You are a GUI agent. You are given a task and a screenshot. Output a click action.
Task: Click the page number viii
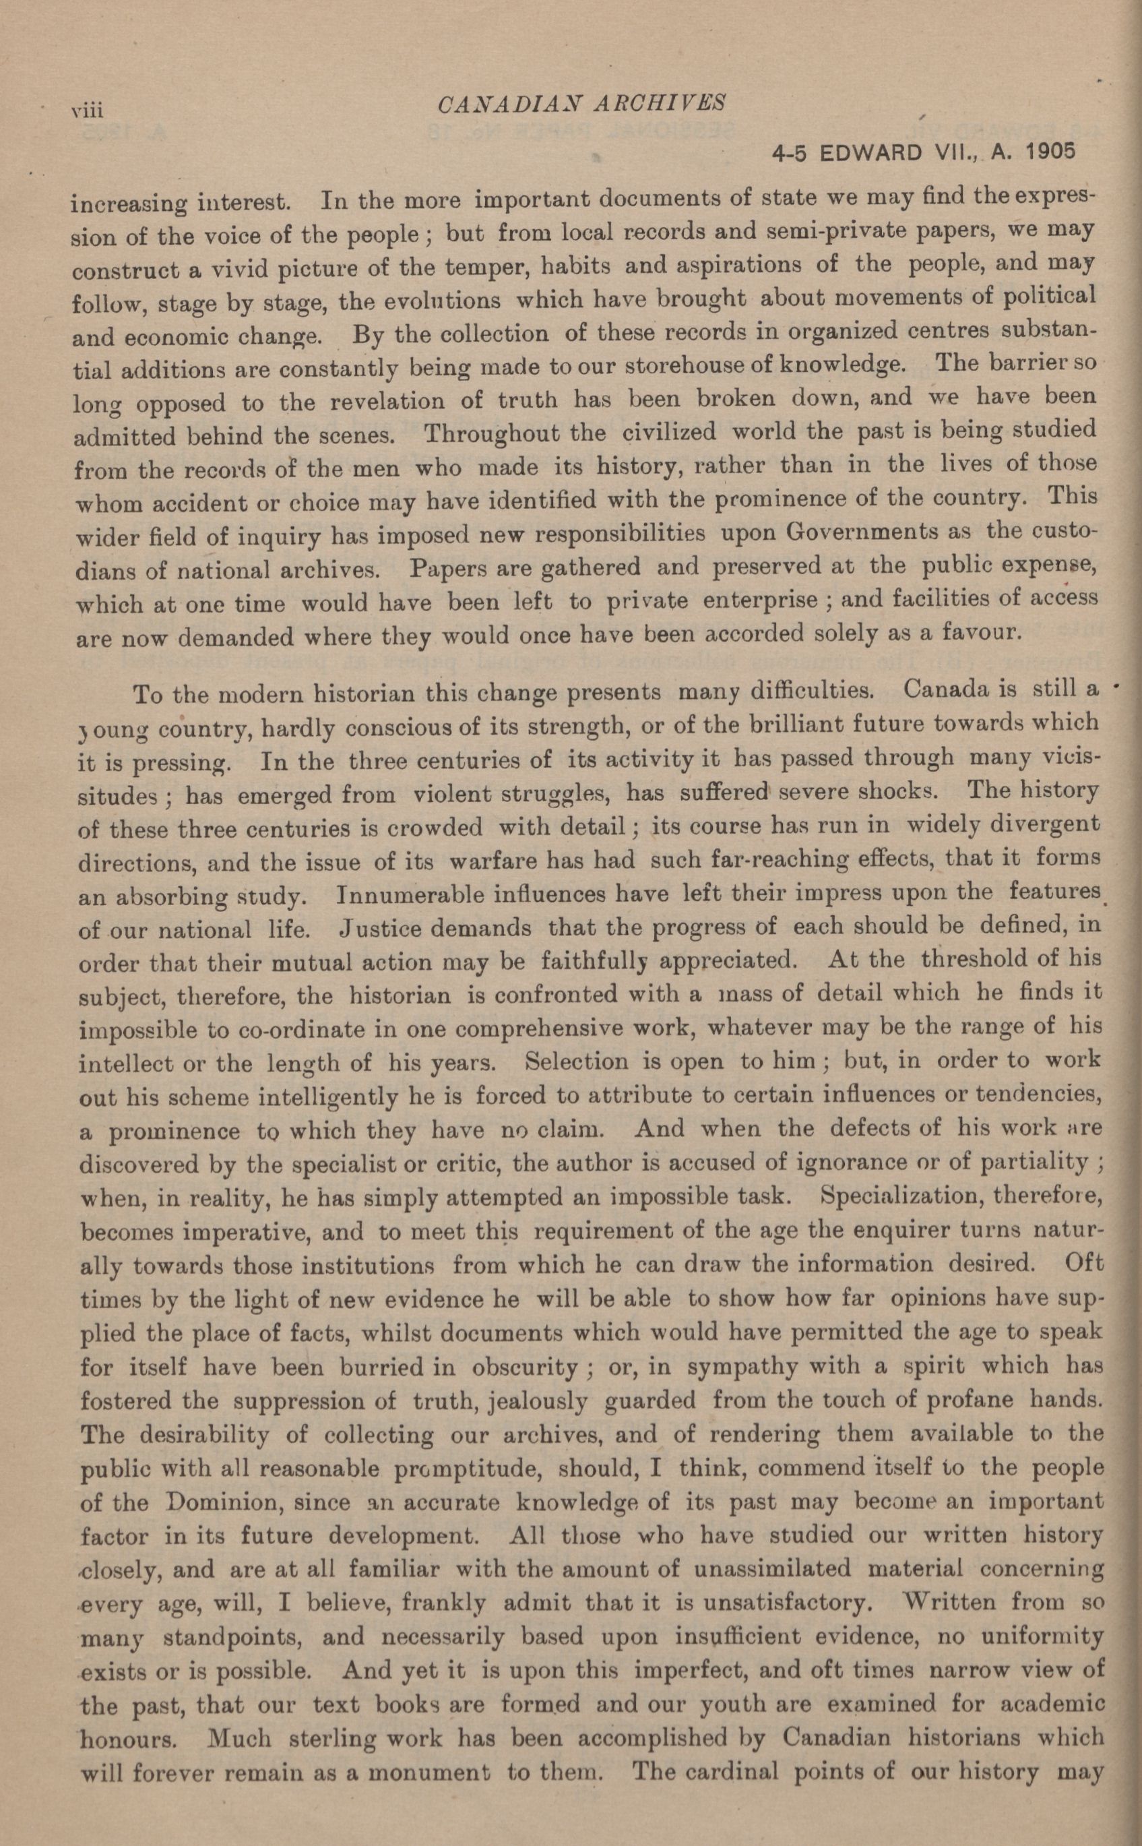click(87, 111)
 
